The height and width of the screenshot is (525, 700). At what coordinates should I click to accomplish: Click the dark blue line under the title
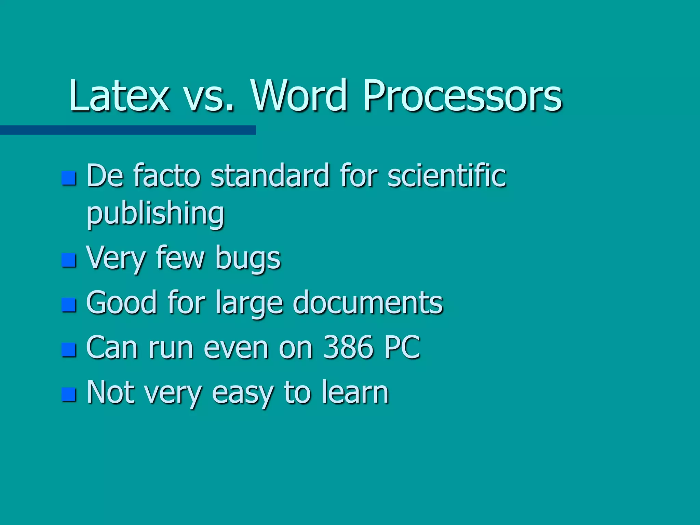pos(128,130)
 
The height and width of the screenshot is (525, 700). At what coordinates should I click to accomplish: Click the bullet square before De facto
pos(69,178)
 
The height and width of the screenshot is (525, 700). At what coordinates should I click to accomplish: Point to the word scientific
pos(446,176)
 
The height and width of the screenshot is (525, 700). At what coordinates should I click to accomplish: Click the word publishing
pos(156,214)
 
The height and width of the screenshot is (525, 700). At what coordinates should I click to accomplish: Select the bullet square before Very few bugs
pos(69,260)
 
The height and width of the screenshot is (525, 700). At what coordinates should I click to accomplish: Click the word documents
pos(368,303)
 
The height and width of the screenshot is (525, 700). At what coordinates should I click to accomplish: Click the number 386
pos(348,348)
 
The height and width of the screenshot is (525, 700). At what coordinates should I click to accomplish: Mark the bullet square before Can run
pos(69,350)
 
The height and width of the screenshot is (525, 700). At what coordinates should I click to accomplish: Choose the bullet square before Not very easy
pos(69,394)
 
